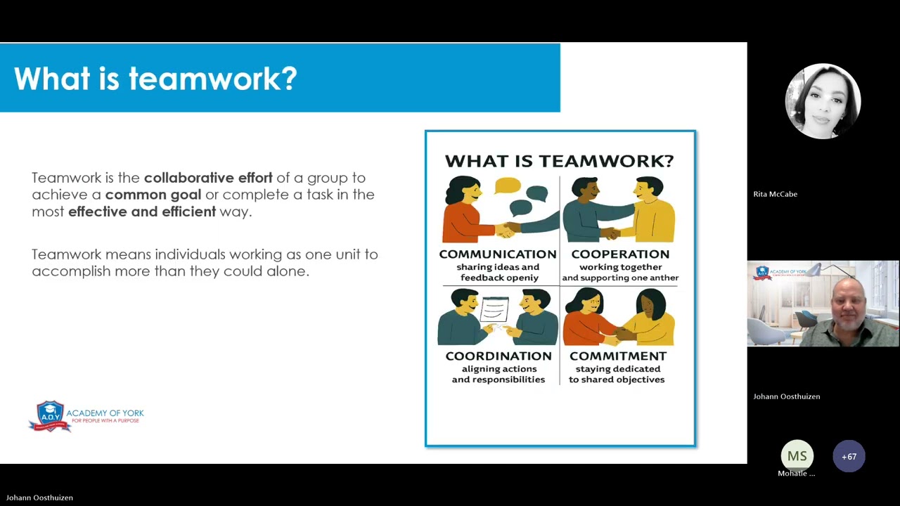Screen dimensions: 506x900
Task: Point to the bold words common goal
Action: (153, 195)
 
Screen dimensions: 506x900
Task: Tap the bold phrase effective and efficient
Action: (142, 212)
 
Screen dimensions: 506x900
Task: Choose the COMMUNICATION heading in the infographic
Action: (497, 254)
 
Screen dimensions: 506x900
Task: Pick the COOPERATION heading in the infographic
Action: (620, 254)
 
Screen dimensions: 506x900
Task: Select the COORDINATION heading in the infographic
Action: (498, 356)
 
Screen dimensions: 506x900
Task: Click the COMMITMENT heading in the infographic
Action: (617, 356)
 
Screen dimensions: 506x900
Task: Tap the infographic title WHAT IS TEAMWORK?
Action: (560, 161)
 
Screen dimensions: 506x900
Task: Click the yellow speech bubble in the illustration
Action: (507, 186)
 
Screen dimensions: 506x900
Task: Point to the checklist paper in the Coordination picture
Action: (494, 309)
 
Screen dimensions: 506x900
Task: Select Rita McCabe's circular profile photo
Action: (823, 101)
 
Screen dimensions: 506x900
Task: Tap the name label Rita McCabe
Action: (775, 194)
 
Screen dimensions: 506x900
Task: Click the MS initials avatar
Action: (797, 456)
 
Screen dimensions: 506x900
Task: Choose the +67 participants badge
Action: (849, 456)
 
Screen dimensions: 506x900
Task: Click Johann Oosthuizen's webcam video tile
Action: (823, 304)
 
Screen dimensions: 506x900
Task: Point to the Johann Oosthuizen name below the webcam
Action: (786, 396)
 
